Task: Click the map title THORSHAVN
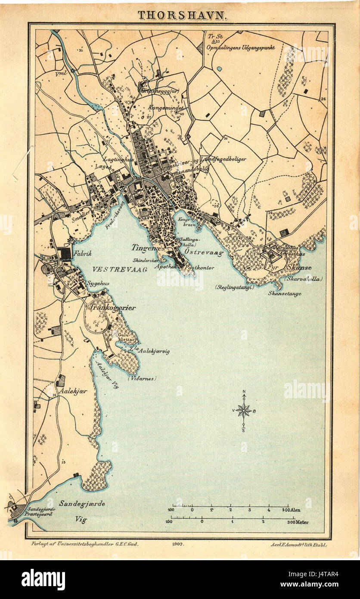point(183,16)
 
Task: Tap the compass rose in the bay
point(244,410)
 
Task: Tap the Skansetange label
point(284,293)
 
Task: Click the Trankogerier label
point(113,308)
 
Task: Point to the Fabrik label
point(83,254)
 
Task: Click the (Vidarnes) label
point(142,378)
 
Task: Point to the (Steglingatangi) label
point(234,287)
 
